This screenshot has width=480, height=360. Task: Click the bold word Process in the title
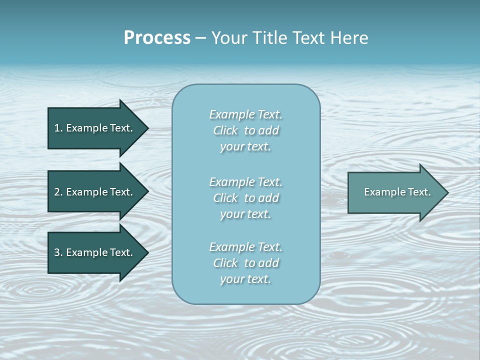click(x=157, y=38)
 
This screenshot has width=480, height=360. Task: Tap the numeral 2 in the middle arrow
click(x=57, y=192)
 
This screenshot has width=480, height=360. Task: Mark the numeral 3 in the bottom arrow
click(x=57, y=252)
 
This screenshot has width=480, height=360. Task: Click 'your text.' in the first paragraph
click(x=245, y=147)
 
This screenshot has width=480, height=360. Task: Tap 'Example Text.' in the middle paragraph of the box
click(x=245, y=182)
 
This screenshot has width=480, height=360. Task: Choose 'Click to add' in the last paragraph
click(x=245, y=263)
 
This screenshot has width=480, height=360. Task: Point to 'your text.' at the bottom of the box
click(x=245, y=279)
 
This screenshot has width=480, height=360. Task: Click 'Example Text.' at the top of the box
click(x=245, y=114)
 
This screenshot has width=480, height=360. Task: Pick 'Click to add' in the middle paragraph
click(x=245, y=198)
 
